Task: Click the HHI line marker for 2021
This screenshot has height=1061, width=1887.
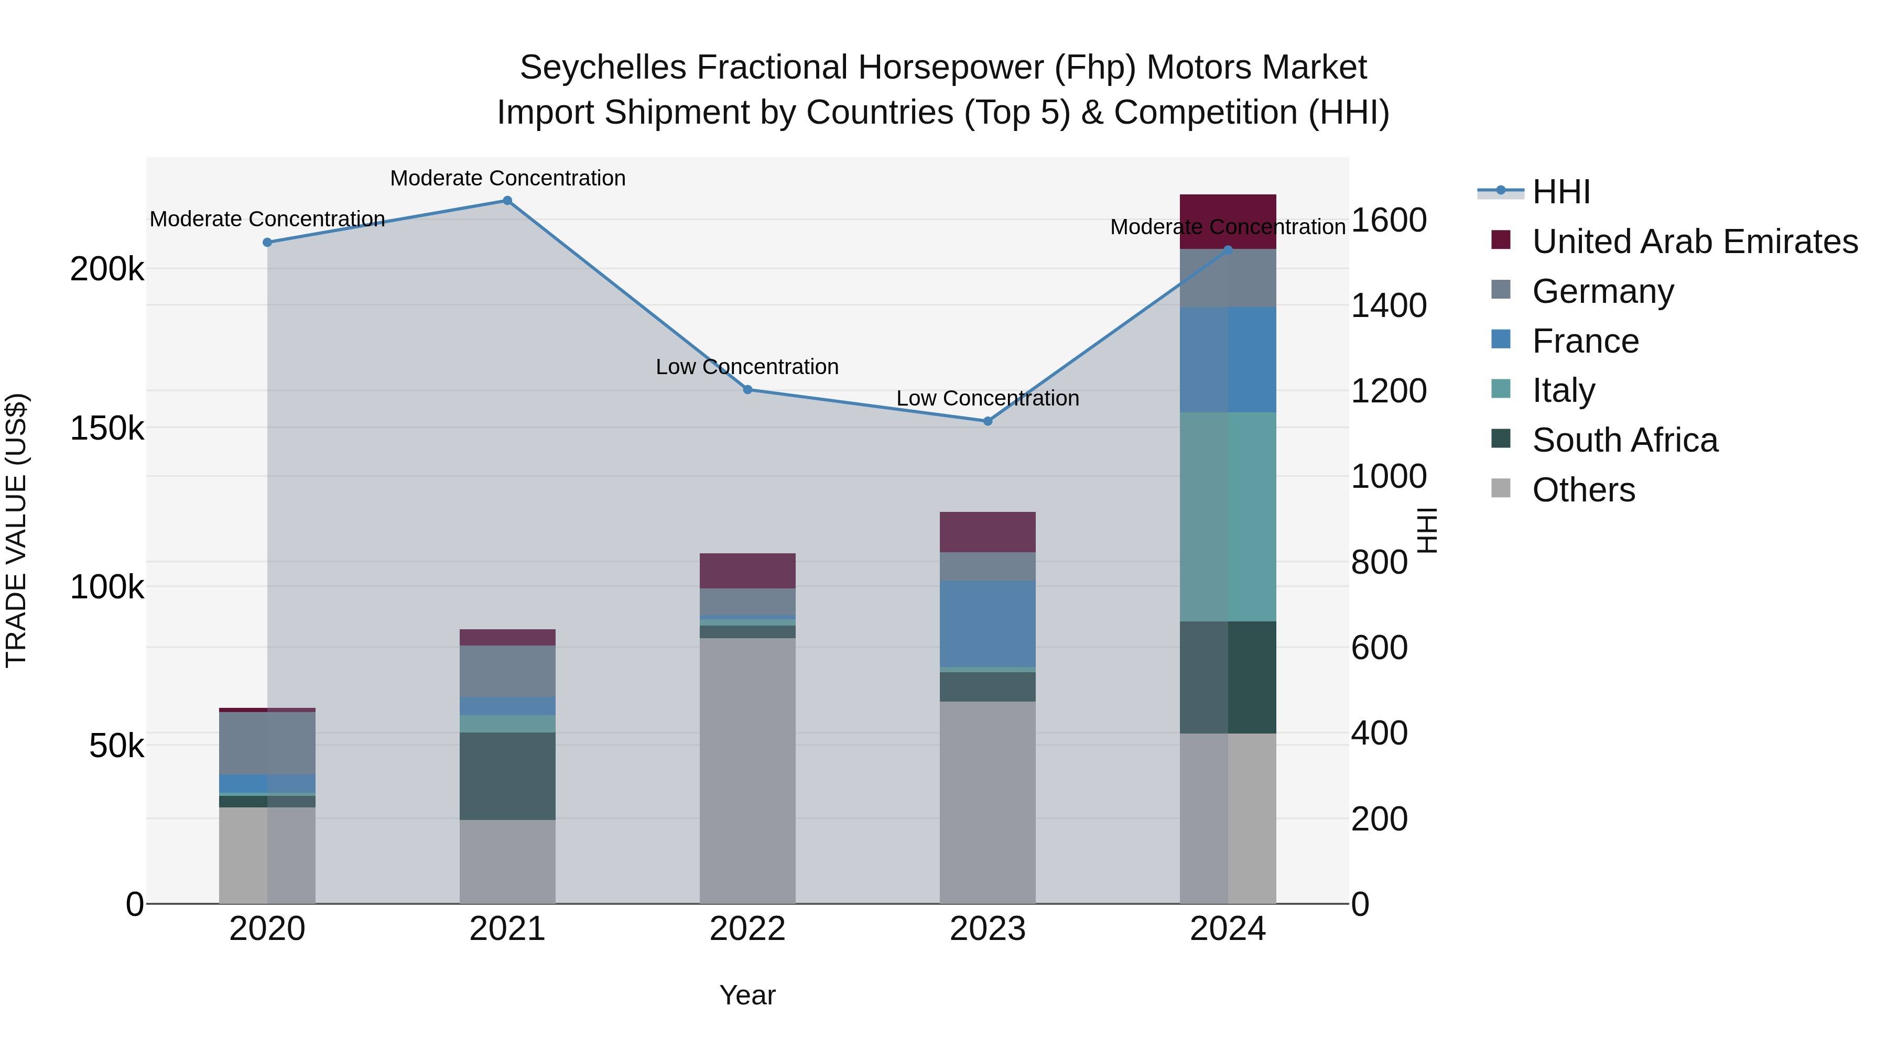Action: pos(507,201)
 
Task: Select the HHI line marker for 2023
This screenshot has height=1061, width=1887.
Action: pos(988,421)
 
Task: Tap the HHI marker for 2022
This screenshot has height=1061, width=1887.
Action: pos(747,389)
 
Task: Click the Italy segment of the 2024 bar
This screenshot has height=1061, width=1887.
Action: pos(1228,516)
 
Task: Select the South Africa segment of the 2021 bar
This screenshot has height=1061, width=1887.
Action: pos(507,775)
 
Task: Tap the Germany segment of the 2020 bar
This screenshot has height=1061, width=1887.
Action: pos(267,742)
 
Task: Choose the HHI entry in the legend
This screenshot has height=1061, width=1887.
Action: pos(1560,192)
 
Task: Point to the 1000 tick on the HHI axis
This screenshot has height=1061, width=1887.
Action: pos(1388,477)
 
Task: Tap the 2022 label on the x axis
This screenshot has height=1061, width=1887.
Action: pos(747,929)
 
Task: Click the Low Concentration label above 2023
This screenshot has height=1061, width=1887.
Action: pos(988,398)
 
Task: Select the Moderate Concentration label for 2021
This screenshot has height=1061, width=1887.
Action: pos(507,178)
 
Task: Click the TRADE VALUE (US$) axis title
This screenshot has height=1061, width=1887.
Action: pos(16,530)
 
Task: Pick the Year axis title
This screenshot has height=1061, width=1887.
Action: pos(747,995)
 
